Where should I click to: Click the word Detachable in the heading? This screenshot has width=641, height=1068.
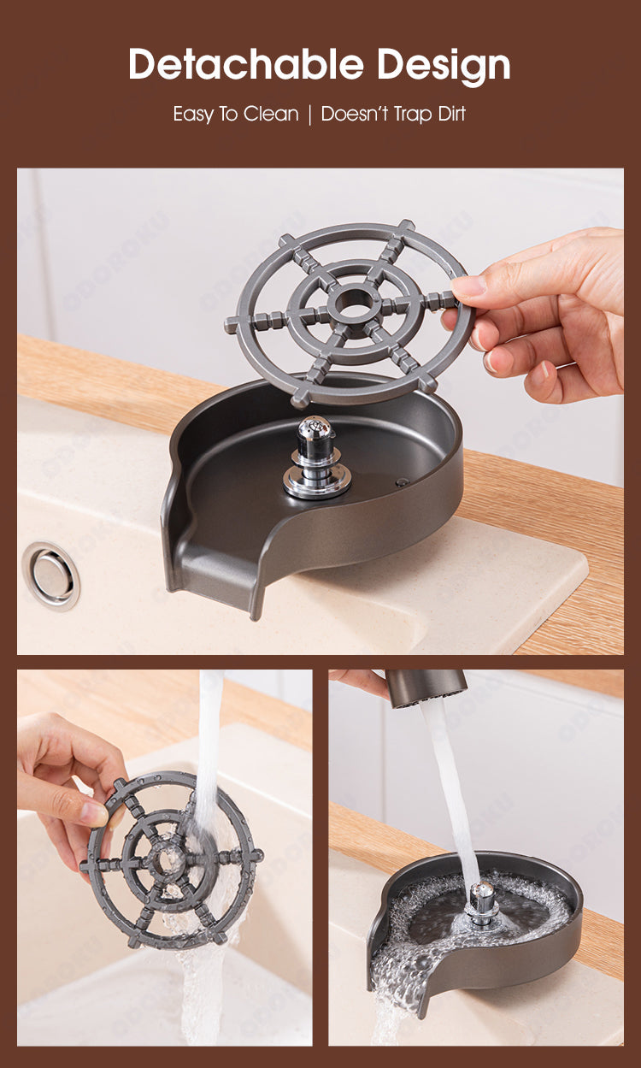coord(246,64)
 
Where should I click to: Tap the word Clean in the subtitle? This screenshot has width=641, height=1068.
coord(271,114)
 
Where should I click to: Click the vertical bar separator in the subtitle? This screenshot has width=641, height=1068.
coord(309,115)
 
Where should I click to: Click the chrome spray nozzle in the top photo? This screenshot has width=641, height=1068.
coord(316,457)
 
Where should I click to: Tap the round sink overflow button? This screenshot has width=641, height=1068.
coord(50,575)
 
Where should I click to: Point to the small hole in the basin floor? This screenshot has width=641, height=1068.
coord(402,482)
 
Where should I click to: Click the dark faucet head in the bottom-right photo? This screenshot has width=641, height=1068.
coord(425,688)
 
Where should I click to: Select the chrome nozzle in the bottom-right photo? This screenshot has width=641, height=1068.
coord(482,900)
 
